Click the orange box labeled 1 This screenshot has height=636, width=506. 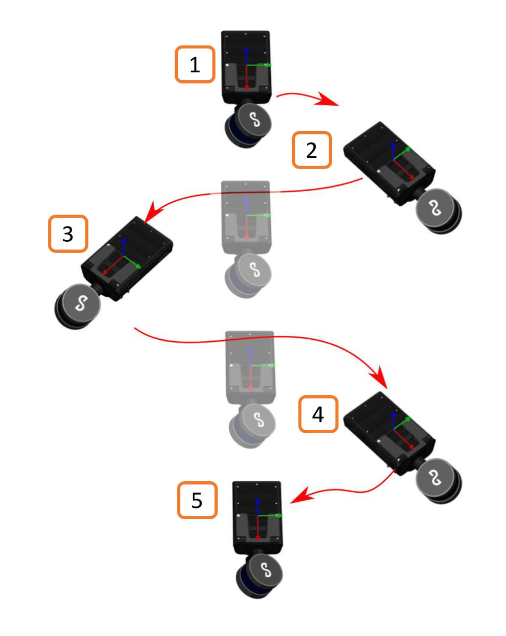[x=195, y=64]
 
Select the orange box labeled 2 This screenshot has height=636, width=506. [x=312, y=150]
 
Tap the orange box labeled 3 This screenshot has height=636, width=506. [x=68, y=233]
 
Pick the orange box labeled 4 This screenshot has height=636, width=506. [x=318, y=414]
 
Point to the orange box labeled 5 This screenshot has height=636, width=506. [x=197, y=500]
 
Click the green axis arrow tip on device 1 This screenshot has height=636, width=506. [x=269, y=64]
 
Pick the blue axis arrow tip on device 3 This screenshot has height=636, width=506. [x=124, y=240]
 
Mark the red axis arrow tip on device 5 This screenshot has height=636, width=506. [x=258, y=538]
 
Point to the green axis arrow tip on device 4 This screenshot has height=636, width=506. [x=409, y=418]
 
